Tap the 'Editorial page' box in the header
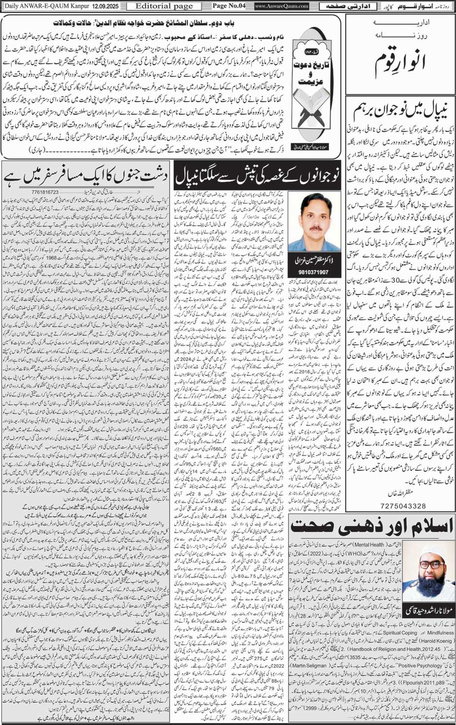point(160,6)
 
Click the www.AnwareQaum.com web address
point(281,6)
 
